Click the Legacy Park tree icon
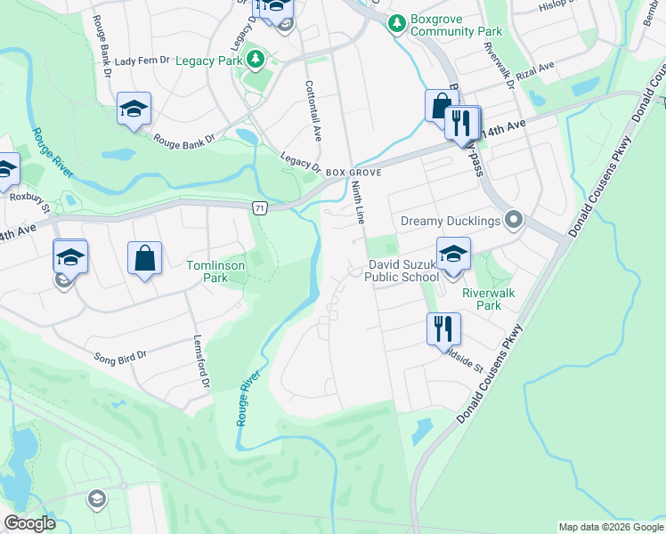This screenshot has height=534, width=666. (256, 61)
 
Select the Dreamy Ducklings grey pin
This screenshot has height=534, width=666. (513, 220)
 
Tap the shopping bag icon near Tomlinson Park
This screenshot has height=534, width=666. (144, 259)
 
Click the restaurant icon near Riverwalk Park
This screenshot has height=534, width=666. (443, 328)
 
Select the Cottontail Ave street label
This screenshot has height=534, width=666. (313, 110)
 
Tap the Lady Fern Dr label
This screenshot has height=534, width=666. (142, 61)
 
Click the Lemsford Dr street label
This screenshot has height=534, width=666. (202, 362)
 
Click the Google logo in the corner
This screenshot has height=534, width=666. (29, 523)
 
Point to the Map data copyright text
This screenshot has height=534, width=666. (610, 527)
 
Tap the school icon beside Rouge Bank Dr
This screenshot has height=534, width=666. (134, 109)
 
